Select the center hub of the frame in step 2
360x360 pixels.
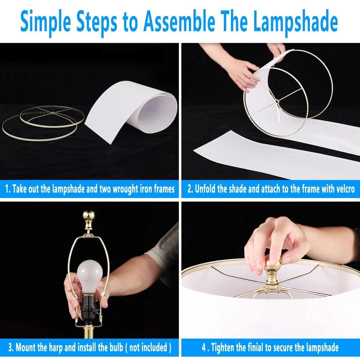pyautogui.click(x=277, y=101)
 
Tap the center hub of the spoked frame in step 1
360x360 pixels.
pyautogui.click(x=53, y=112)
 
